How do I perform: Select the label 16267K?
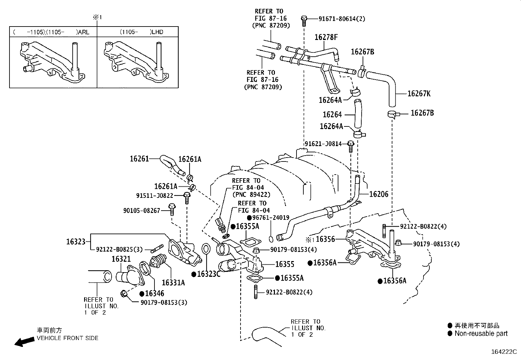(x=419, y=94)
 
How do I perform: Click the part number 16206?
(x=379, y=194)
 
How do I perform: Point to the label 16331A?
(x=173, y=282)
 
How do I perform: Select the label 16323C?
(x=208, y=274)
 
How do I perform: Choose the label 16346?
(x=154, y=294)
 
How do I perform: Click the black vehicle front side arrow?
(x=25, y=342)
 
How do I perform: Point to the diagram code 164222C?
(x=503, y=352)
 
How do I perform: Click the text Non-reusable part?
(x=481, y=333)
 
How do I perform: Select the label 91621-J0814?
(x=323, y=143)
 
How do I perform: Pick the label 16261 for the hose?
(x=139, y=159)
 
